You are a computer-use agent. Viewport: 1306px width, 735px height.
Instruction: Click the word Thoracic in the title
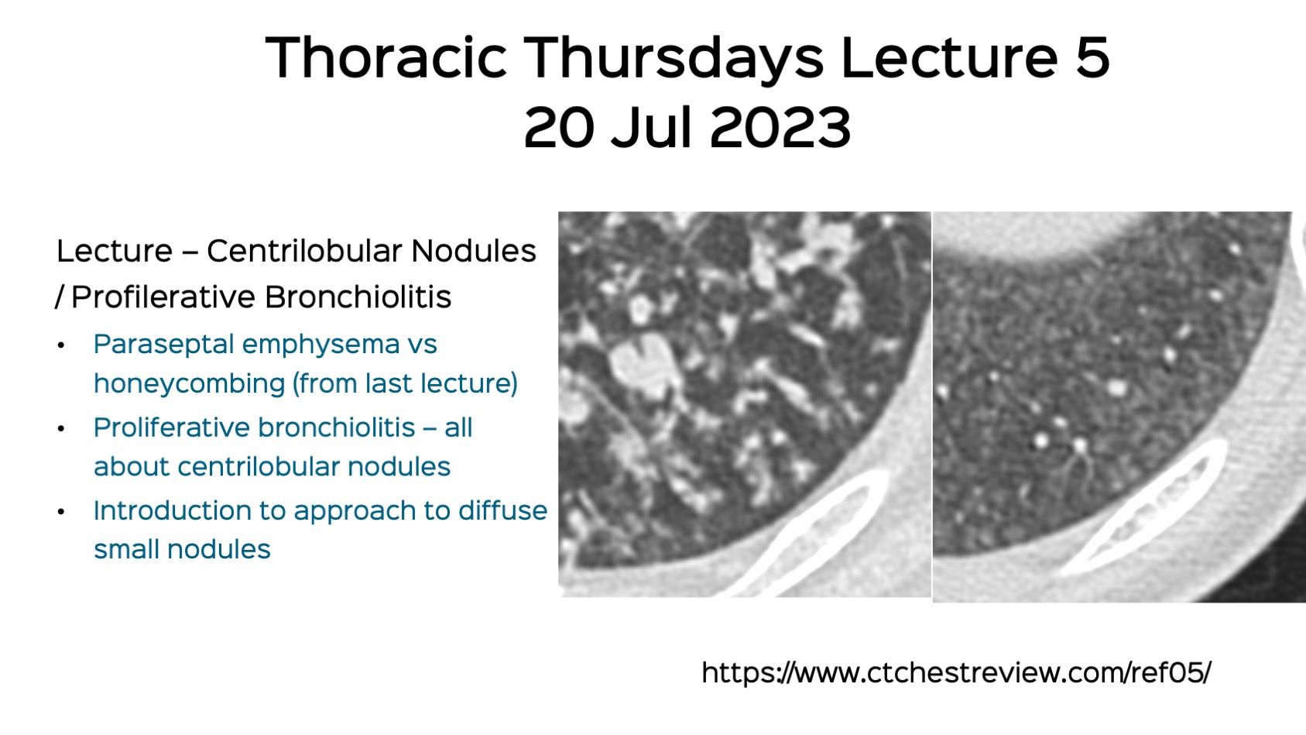(x=386, y=58)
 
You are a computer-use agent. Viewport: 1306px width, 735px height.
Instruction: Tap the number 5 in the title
(x=1092, y=58)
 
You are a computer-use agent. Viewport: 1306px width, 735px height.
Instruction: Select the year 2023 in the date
(x=780, y=128)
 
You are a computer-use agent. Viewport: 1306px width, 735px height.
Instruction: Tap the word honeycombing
(x=189, y=384)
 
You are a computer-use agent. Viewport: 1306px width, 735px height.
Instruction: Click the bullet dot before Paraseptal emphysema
(x=61, y=345)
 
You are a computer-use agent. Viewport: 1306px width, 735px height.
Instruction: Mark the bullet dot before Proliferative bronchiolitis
(x=61, y=428)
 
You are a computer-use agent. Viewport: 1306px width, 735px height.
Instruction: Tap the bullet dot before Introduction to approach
(x=61, y=512)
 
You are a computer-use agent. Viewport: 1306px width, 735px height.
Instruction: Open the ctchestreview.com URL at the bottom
(x=955, y=672)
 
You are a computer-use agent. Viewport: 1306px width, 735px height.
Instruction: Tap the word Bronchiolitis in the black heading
(x=358, y=297)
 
